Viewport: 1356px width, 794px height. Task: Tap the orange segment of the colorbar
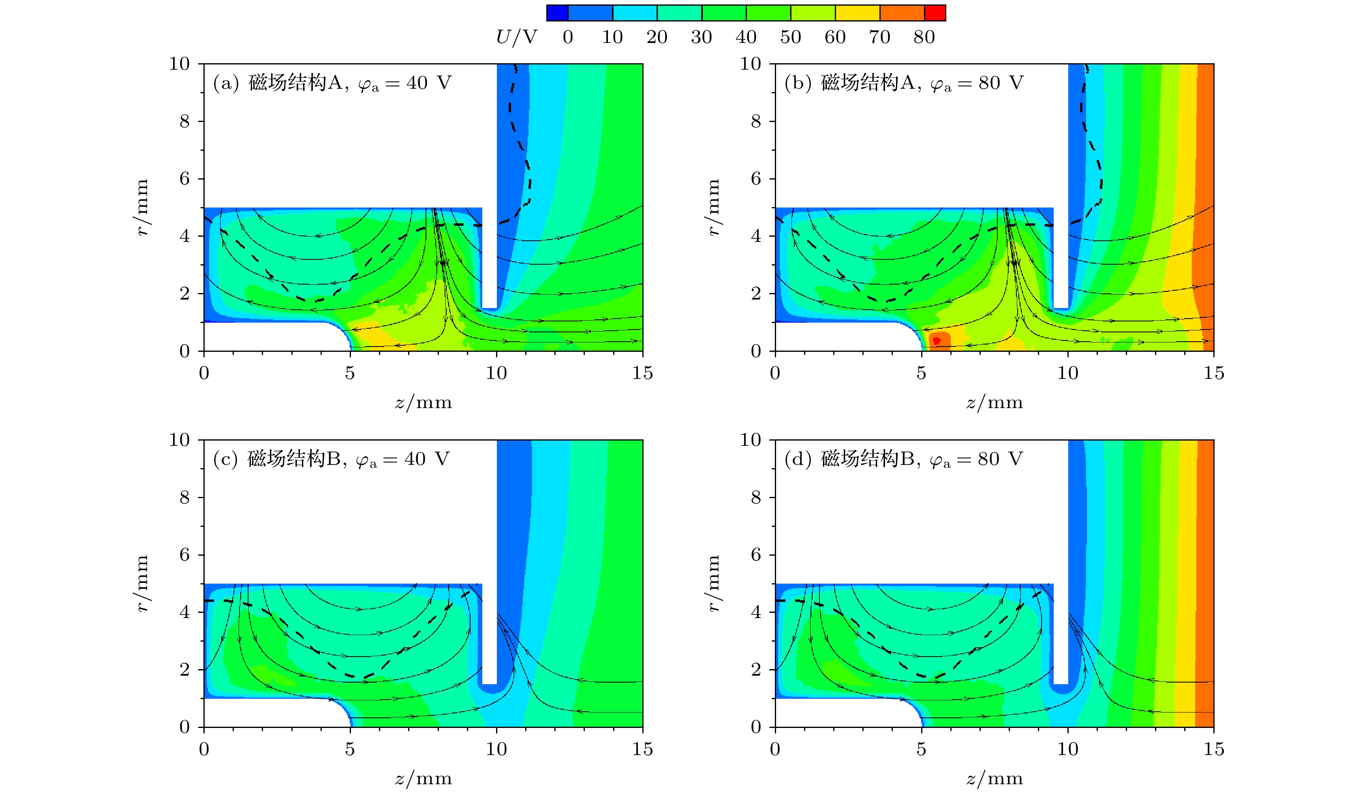[902, 13]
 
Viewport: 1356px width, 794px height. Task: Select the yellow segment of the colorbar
[857, 13]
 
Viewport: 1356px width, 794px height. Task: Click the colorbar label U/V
[517, 37]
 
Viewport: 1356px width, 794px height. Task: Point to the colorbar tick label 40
[746, 37]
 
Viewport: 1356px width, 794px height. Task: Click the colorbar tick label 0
[568, 37]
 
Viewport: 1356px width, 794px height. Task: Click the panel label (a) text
[225, 83]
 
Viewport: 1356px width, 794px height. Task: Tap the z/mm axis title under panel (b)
[995, 402]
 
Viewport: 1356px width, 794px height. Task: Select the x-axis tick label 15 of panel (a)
[642, 373]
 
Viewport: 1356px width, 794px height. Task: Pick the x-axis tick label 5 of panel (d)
[921, 749]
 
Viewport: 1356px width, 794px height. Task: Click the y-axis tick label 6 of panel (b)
[756, 179]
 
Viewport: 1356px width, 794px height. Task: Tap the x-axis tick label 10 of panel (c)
[496, 749]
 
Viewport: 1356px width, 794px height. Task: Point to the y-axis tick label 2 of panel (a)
[184, 294]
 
